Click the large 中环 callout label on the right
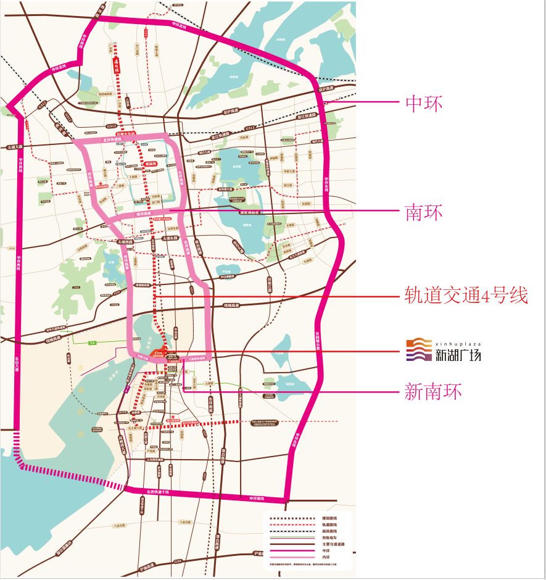tap(424, 103)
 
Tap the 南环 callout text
tap(424, 213)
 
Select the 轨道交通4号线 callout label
tap(466, 296)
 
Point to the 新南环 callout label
tap(433, 391)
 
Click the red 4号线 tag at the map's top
tap(116, 66)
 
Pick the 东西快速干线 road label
tap(157, 492)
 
